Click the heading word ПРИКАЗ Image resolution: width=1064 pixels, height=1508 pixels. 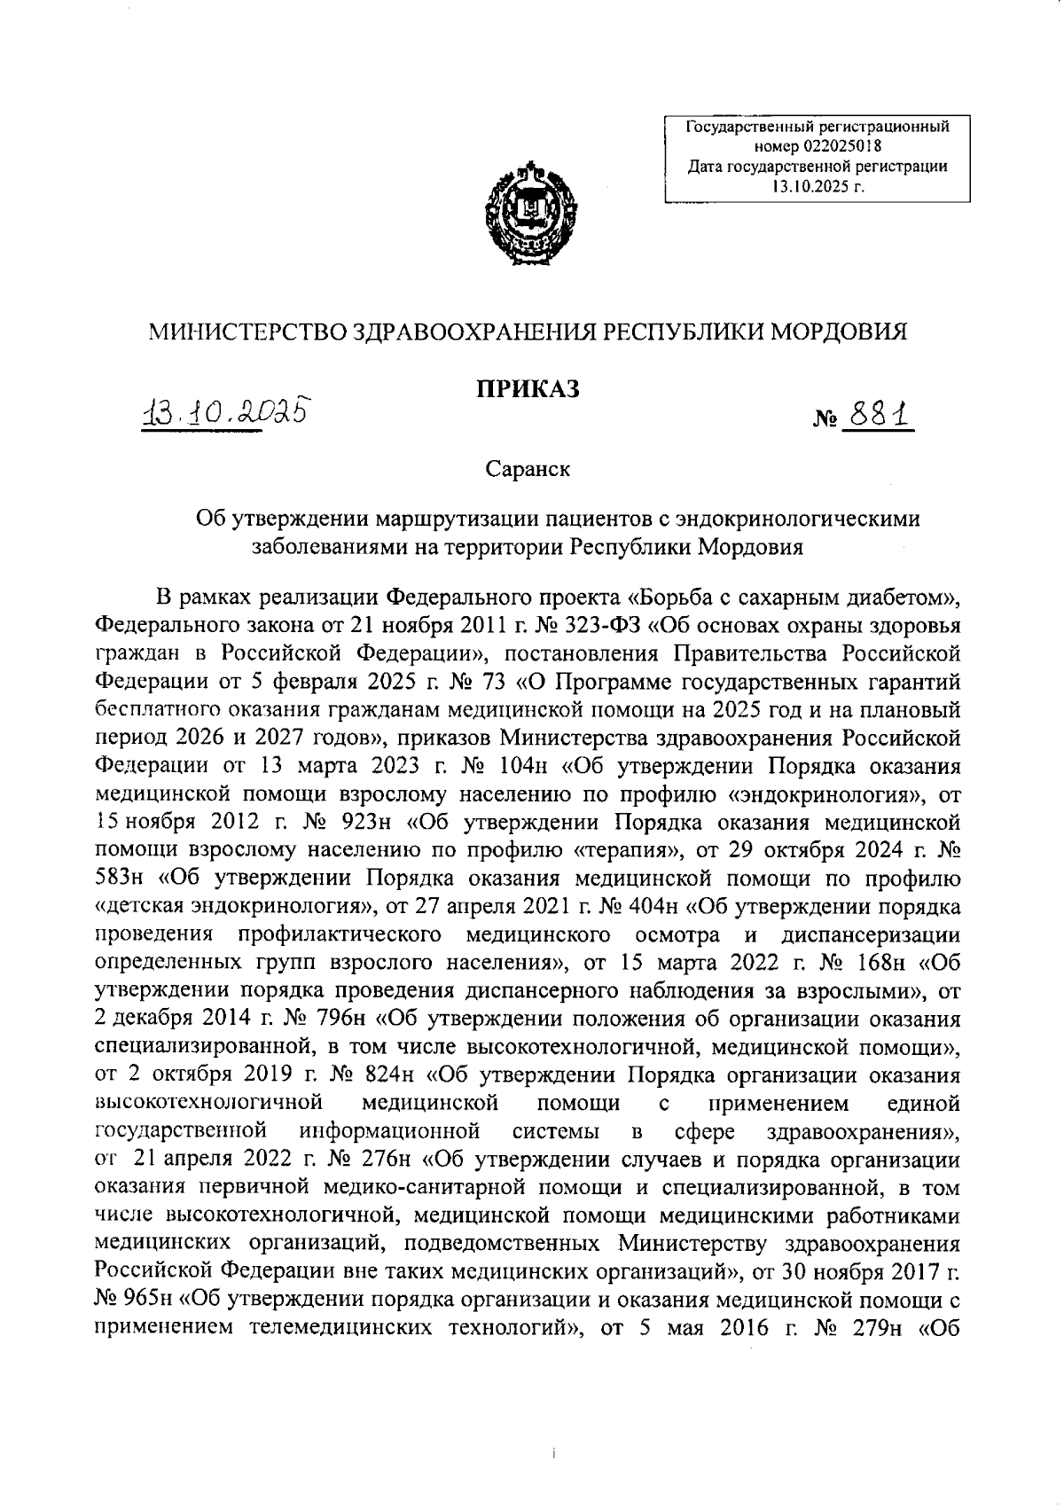528,388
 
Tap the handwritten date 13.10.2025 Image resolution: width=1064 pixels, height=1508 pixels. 228,412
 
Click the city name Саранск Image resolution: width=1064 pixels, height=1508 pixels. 528,469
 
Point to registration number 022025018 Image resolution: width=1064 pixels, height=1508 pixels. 841,145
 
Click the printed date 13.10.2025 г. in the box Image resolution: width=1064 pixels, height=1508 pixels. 817,185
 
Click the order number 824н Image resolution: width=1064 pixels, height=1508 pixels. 388,1077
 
